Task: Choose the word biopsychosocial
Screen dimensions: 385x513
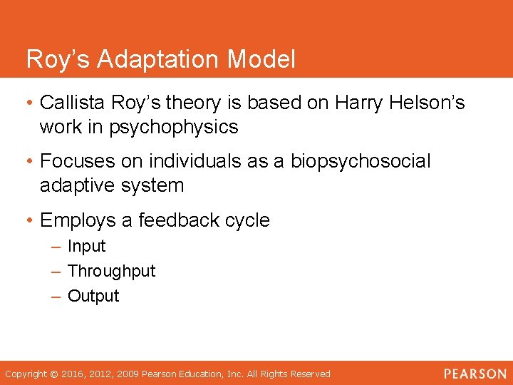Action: coord(361,162)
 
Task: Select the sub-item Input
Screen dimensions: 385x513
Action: coord(86,247)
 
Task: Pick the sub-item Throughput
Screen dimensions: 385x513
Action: coord(111,272)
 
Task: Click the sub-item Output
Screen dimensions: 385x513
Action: coord(93,296)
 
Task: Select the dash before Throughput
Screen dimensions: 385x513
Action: coord(56,272)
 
